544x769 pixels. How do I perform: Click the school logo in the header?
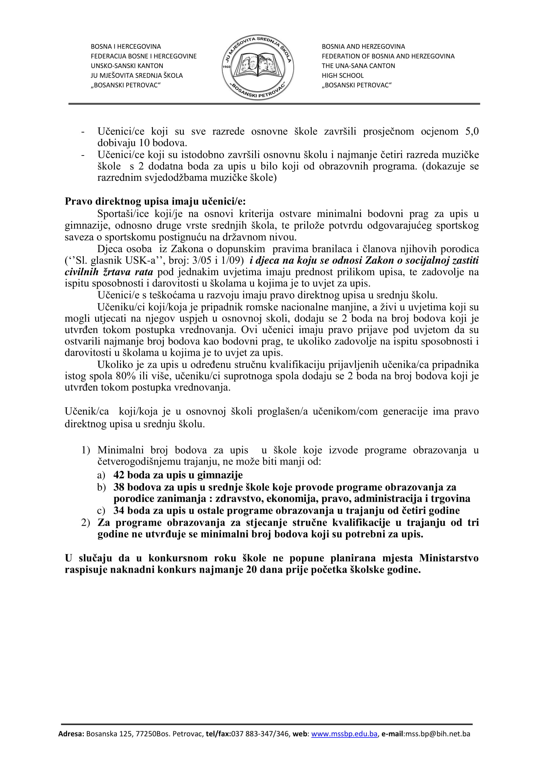pos(258,67)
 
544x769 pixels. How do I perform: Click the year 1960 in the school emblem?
pos(226,67)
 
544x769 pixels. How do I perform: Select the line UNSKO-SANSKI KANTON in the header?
pos(127,66)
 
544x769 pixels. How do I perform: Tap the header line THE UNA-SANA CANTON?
pos(359,66)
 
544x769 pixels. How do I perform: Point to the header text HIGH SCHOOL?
pos(343,76)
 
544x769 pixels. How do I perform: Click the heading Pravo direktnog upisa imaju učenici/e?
pos(155,202)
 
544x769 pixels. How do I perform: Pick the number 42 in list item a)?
pos(119,475)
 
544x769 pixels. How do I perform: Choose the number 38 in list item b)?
pos(119,487)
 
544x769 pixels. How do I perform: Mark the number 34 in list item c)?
pos(119,511)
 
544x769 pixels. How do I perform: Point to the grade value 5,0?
pos(472,131)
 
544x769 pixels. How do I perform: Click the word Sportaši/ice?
pos(123,214)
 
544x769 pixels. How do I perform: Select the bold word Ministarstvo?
pos(449,558)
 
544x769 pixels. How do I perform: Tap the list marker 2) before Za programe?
pos(86,522)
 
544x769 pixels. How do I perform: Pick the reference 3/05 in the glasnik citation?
pos(202,260)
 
